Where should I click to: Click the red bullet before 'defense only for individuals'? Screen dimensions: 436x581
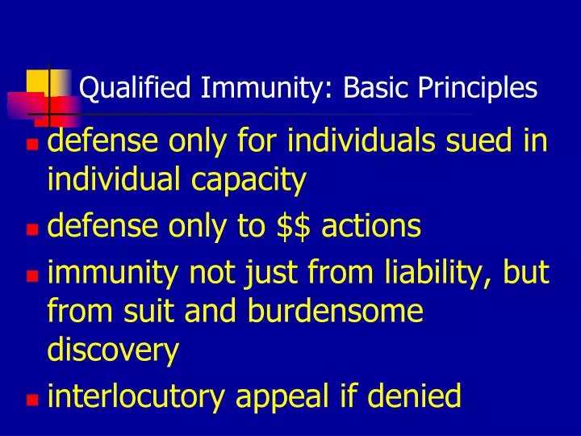pyautogui.click(x=32, y=147)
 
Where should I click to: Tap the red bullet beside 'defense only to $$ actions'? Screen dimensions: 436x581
pyautogui.click(x=32, y=229)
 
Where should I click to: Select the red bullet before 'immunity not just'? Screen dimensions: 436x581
pyautogui.click(x=32, y=276)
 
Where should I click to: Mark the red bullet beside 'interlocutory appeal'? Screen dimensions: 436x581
pyautogui.click(x=32, y=398)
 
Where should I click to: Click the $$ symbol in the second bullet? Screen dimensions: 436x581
pyautogui.click(x=294, y=227)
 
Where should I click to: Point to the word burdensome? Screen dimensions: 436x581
pyautogui.click(x=338, y=312)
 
